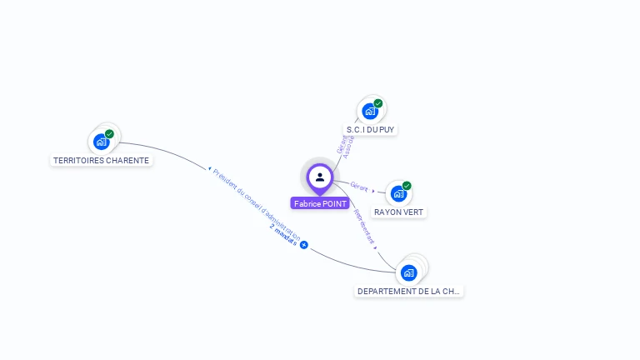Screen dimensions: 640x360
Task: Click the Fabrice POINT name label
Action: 320,203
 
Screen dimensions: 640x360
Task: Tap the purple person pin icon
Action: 320,177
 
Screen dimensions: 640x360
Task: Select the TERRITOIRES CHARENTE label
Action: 101,160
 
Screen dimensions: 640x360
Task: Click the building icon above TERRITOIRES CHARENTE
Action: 102,142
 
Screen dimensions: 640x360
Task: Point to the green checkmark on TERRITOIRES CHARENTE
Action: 109,133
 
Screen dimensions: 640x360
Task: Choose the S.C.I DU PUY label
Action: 371,129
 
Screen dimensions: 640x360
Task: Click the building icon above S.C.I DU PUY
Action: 370,112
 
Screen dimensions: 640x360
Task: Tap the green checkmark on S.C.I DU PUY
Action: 378,103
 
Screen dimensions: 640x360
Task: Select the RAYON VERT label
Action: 399,212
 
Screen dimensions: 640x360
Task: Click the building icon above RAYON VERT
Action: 398,194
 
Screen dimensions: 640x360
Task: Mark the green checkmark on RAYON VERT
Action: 407,186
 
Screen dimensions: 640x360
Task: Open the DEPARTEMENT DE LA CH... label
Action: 408,291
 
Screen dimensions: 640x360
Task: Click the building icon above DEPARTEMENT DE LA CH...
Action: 408,272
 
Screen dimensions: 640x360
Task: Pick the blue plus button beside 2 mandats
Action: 304,245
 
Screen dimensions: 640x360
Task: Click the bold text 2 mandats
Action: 283,235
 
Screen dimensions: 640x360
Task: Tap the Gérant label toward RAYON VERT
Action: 359,187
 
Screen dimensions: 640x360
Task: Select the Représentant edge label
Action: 364,226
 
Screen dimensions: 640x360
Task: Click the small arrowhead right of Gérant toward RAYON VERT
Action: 373,191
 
